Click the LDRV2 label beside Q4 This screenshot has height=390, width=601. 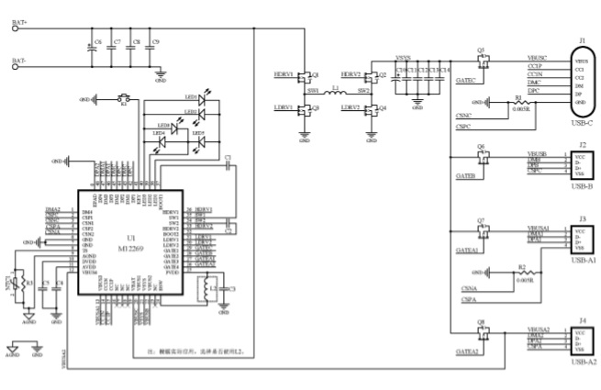[x=350, y=107]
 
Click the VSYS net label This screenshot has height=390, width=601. [x=403, y=58]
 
